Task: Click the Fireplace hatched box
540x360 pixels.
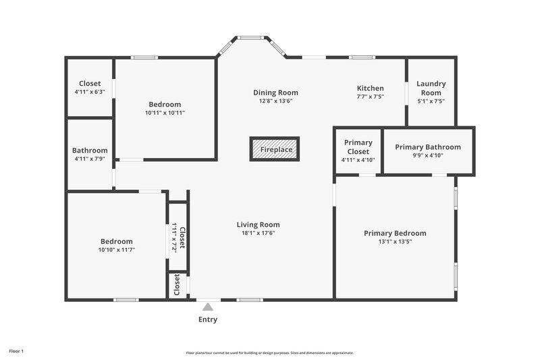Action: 274,149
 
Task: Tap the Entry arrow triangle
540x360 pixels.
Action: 208,307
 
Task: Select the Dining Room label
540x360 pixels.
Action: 275,93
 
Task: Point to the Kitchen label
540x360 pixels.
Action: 370,88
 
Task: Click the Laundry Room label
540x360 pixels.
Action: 431,88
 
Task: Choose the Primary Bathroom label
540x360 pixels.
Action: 428,147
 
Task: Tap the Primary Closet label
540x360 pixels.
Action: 358,147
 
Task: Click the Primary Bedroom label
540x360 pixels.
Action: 395,233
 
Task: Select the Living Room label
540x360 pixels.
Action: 258,225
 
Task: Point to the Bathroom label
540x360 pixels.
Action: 90,151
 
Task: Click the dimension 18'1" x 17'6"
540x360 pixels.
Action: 258,233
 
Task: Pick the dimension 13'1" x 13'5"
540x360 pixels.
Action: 395,241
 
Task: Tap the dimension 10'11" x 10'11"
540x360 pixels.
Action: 165,113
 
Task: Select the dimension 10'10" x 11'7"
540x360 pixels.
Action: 117,250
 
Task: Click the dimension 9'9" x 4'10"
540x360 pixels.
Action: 428,155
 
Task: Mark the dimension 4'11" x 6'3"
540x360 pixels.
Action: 90,92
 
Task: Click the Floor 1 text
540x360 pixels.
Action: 16,351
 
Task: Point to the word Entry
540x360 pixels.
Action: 208,319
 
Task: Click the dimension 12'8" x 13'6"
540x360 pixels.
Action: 275,101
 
